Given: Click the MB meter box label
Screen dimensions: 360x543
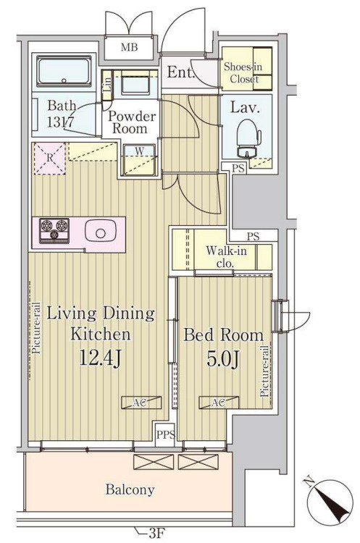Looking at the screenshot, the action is (x=129, y=47).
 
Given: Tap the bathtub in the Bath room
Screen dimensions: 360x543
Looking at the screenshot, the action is (x=64, y=72).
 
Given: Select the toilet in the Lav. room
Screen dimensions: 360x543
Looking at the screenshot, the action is (x=248, y=138).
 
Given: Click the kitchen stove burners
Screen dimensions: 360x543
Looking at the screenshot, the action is (x=54, y=230).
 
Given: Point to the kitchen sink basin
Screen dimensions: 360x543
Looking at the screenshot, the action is (x=100, y=233).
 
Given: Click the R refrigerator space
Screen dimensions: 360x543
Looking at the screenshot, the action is (x=49, y=159).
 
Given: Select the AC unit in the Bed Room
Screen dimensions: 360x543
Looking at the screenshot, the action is (x=218, y=403).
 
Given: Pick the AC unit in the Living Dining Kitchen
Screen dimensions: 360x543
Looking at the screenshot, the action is (x=141, y=403).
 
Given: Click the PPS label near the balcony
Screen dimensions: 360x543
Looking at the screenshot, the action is (x=166, y=434).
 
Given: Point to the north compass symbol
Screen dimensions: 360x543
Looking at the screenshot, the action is (x=330, y=501).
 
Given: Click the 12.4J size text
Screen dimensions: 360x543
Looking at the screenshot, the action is (x=100, y=358).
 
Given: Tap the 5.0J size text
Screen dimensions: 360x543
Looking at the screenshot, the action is (x=223, y=359).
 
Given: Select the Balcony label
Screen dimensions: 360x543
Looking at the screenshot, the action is (x=130, y=489).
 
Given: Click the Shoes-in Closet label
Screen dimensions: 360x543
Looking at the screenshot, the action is (x=243, y=72).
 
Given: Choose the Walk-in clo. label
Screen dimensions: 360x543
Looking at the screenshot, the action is (x=226, y=256).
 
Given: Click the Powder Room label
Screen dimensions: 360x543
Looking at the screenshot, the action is (x=131, y=122).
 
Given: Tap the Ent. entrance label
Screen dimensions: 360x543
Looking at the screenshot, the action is (x=180, y=72).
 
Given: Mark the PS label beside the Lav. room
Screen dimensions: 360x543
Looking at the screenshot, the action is (x=238, y=169).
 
